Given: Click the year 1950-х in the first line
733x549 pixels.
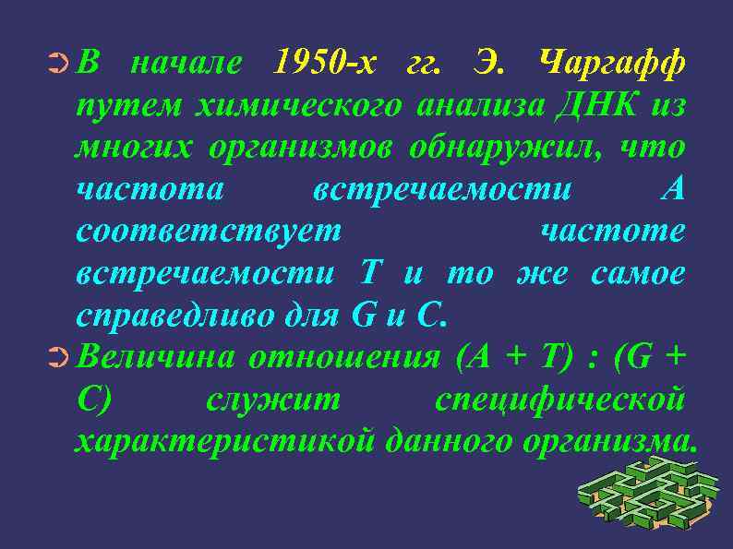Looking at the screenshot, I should [x=326, y=64].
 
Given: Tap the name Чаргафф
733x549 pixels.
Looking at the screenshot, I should [x=611, y=64].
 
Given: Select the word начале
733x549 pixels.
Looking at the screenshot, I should [x=187, y=64].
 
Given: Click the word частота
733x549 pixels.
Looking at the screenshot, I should [x=150, y=190].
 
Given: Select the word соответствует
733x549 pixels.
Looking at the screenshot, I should [x=209, y=232].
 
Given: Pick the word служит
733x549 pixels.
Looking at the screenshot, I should [x=273, y=400].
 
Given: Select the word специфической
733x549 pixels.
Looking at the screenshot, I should [x=559, y=400].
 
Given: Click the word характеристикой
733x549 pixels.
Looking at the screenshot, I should [x=224, y=442].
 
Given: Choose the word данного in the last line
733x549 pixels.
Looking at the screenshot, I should [x=449, y=442].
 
